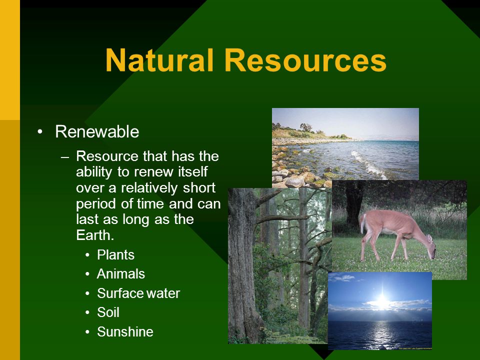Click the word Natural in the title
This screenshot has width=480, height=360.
(159, 60)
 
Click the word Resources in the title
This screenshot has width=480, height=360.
(305, 60)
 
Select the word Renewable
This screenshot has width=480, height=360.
(97, 131)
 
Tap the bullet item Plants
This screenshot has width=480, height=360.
(115, 254)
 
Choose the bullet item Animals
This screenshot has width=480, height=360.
(121, 274)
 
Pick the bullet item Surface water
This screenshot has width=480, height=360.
(138, 293)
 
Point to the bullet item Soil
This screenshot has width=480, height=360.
(108, 312)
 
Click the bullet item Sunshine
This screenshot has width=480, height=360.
(125, 331)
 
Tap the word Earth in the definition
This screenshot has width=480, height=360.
(95, 235)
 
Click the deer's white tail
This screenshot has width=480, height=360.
(363, 223)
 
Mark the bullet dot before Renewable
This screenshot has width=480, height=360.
(40, 132)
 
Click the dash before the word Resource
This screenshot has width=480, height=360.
(65, 157)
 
